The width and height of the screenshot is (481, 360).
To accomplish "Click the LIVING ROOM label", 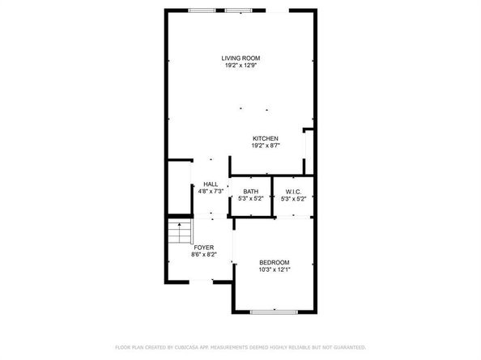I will (x=242, y=57).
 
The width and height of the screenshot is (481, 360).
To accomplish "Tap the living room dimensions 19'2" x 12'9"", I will (x=242, y=66).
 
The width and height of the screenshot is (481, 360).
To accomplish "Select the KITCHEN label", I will (x=266, y=139).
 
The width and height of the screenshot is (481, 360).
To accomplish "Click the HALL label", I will (x=211, y=184).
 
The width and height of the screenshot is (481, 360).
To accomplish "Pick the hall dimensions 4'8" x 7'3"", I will (x=211, y=192).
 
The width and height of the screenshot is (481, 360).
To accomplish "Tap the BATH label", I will (x=250, y=191).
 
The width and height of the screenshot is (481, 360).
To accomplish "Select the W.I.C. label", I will (x=293, y=191).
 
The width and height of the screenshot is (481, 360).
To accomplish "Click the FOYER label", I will (x=204, y=247).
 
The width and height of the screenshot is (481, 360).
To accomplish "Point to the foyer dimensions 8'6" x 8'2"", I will (x=204, y=254).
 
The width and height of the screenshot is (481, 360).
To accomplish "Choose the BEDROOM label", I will (x=274, y=262).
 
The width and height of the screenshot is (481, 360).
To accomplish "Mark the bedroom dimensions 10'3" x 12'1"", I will (x=274, y=269).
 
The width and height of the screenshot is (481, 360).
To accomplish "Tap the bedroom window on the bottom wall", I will (x=273, y=311).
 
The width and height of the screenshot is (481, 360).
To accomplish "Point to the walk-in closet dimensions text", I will (x=293, y=198).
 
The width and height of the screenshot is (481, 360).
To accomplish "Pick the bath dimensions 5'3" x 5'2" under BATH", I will (x=250, y=198).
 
